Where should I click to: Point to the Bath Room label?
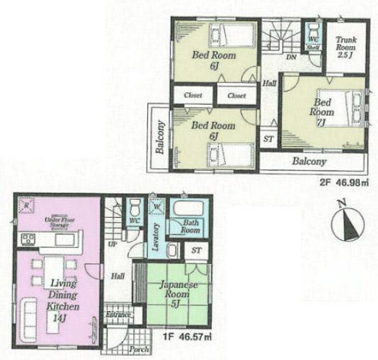(x=190, y=227)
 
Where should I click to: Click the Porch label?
(x=140, y=349)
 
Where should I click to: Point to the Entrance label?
(x=119, y=315)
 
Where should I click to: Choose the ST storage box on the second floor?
(x=268, y=140)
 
